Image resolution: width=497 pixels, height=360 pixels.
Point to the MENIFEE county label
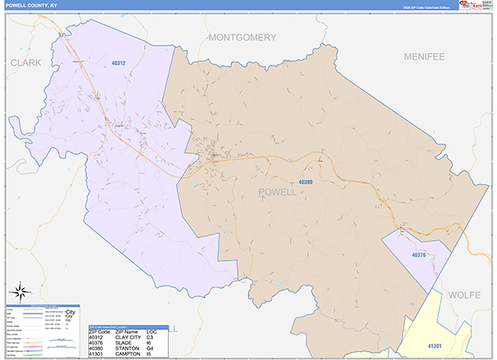pos(424,56)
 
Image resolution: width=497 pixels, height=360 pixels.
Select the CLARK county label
pos(25,62)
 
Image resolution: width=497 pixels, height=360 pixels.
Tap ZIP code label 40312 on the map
pos(118,63)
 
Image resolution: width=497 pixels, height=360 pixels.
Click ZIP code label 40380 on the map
pos(305,182)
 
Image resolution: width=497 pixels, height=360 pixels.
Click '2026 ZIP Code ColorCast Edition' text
pos(427,6)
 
